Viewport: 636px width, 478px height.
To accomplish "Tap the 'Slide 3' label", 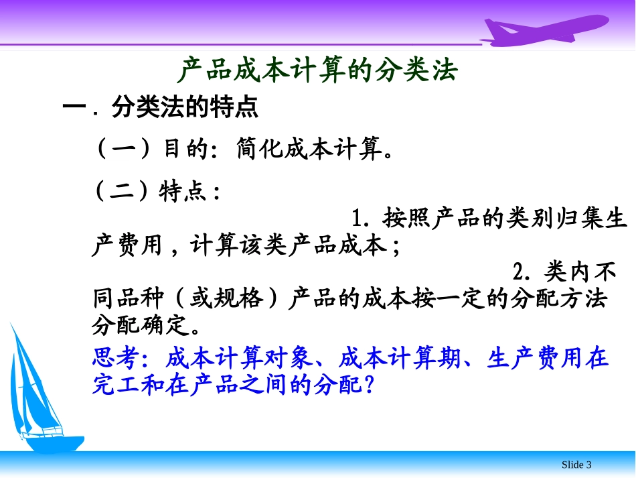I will point(576,465).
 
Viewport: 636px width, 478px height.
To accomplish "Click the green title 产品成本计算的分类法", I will point(318,70).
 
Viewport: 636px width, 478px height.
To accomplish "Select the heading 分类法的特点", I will point(185,108).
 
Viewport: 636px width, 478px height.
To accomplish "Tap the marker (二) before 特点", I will point(124,192).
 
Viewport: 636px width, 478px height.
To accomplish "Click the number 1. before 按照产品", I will point(362,219).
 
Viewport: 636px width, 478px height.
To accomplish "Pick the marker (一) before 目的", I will point(124,149).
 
